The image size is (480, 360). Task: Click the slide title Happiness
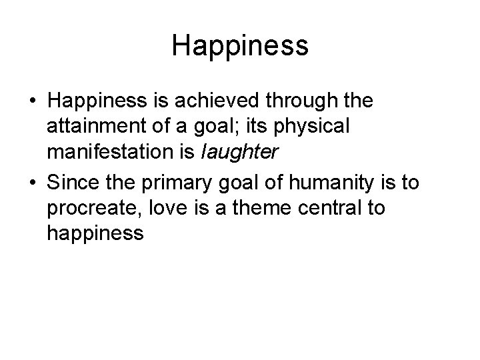point(240,46)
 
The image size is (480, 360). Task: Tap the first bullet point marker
point(31,102)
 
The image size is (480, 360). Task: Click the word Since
point(75,182)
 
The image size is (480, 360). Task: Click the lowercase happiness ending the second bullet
point(95,233)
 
